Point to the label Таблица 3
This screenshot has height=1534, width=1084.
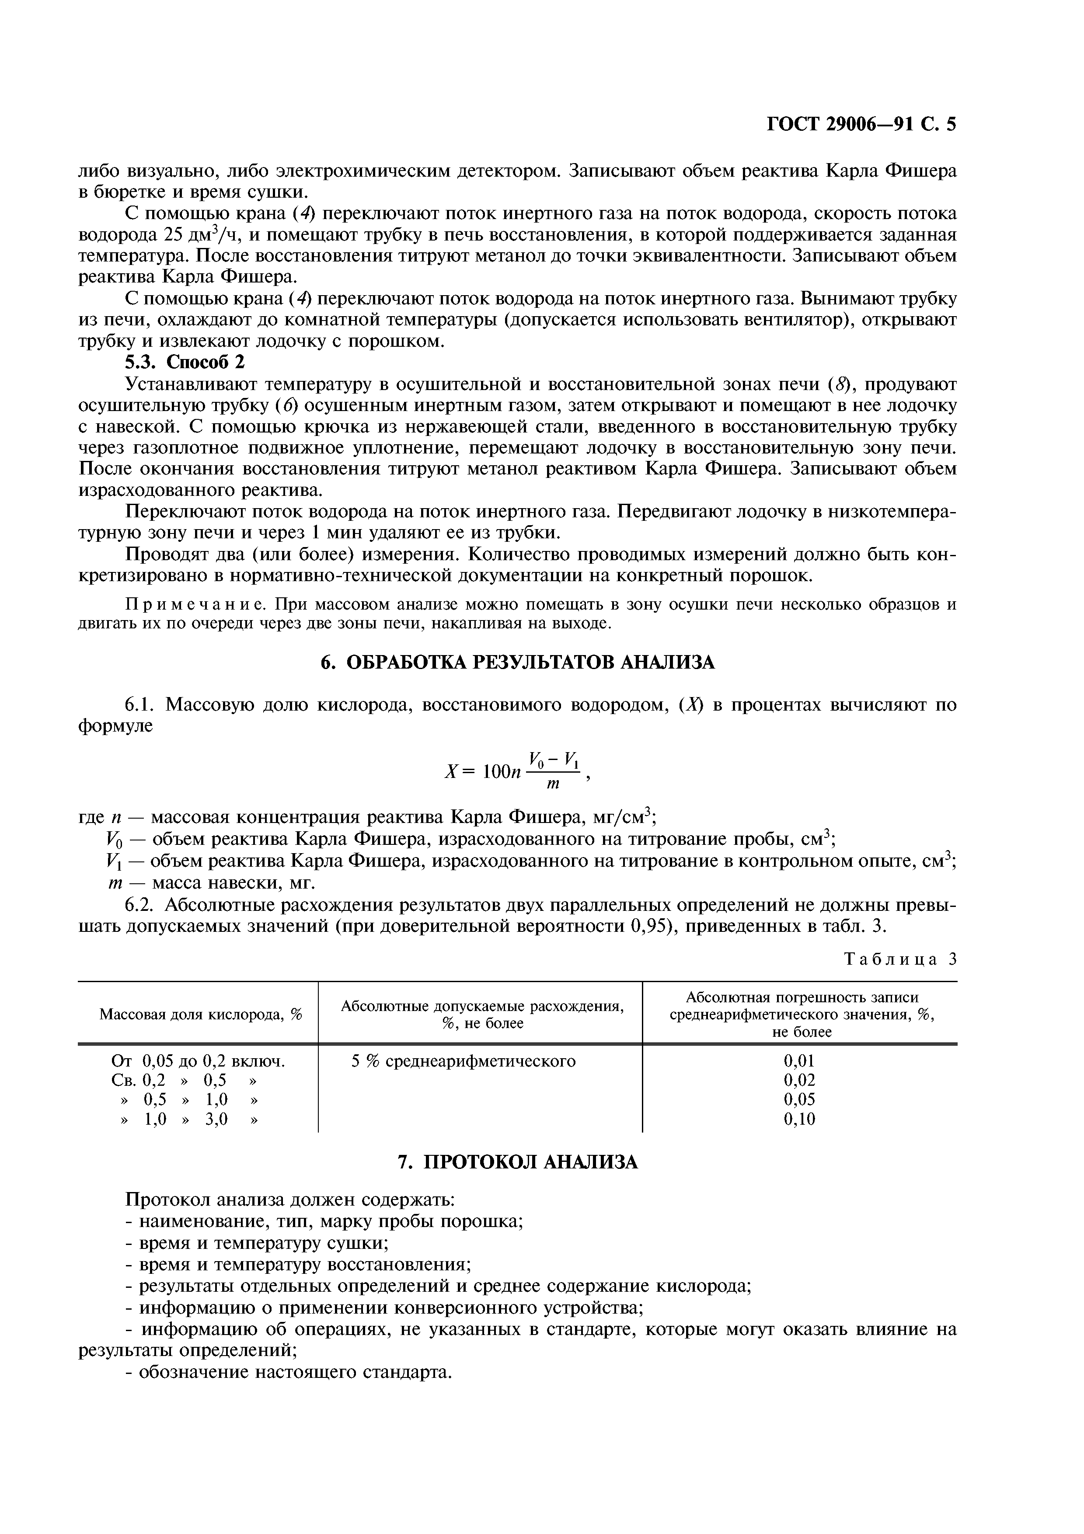900,959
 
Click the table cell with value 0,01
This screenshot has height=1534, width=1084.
799,1061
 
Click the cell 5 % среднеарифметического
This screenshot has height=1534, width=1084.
464,1061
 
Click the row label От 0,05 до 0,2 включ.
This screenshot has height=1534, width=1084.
198,1061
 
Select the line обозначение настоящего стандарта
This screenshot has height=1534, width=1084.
289,1372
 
